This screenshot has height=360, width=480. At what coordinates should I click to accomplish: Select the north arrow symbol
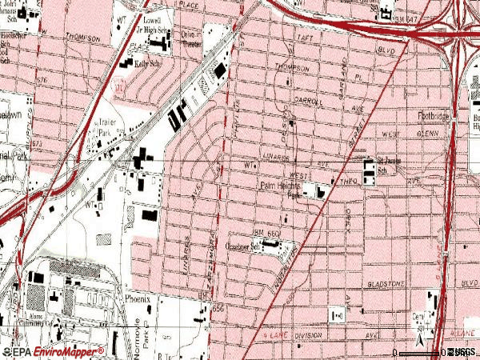pos(423,344)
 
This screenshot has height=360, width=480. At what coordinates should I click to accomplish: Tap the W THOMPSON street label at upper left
pos(78,38)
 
